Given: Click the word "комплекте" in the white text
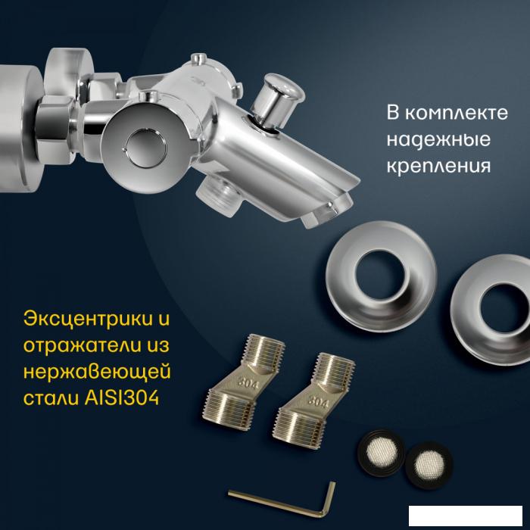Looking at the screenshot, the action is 457,113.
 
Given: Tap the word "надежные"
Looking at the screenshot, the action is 438,139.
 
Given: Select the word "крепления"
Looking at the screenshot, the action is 438,166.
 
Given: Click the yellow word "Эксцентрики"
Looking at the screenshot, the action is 88,319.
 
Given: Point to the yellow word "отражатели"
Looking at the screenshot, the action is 82,346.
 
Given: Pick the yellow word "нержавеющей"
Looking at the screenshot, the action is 97,373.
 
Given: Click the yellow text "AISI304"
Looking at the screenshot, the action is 122,397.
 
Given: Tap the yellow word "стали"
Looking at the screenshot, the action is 51,398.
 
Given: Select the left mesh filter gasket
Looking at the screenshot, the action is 382,453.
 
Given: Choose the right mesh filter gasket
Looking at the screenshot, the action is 429,466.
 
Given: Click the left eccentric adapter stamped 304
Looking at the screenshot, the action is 244,384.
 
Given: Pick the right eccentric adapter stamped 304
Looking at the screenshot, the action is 313,401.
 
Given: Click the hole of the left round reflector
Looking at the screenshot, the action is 379,275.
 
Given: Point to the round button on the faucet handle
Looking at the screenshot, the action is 146,148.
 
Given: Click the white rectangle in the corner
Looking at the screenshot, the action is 466,516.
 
